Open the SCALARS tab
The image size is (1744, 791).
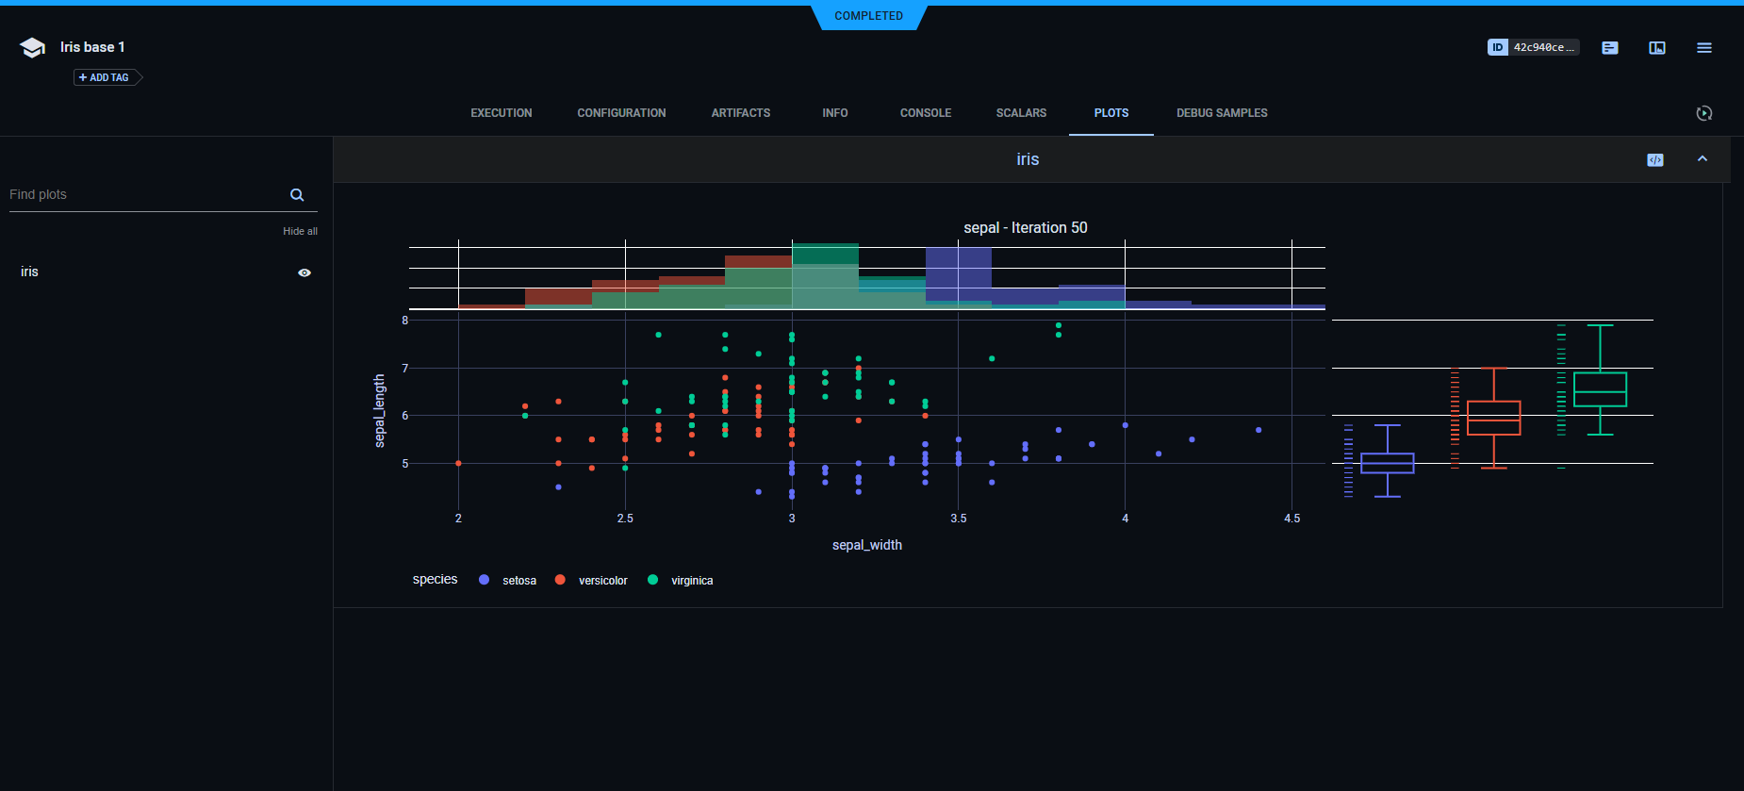coord(1021,113)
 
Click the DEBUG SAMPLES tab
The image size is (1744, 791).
coord(1222,113)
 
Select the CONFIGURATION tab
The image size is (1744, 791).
coord(621,113)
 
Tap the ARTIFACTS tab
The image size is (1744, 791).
coord(740,113)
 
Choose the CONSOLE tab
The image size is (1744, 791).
coord(925,113)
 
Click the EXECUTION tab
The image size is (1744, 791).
coord(501,113)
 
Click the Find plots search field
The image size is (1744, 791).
coord(146,194)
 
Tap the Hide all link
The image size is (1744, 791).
coord(300,231)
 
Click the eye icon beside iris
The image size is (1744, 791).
coord(304,272)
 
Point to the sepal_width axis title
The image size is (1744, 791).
coord(866,545)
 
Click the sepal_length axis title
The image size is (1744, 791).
coord(380,410)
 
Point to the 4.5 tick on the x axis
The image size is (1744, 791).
coord(1292,519)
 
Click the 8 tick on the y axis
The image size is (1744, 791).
coord(405,321)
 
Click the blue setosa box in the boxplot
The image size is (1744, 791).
coord(1387,463)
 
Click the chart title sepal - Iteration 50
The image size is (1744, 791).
coord(1025,228)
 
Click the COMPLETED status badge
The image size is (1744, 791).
coord(868,16)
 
